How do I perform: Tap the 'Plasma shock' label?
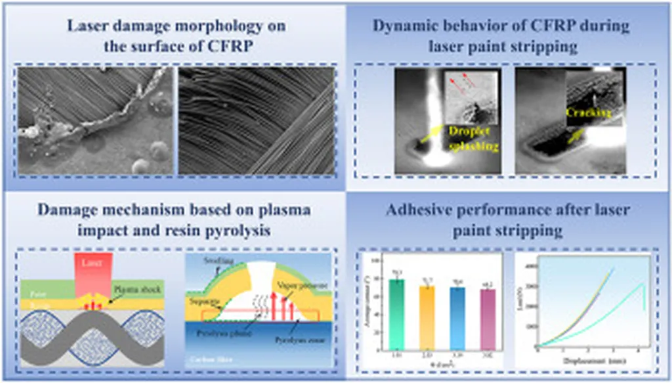click(136, 288)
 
